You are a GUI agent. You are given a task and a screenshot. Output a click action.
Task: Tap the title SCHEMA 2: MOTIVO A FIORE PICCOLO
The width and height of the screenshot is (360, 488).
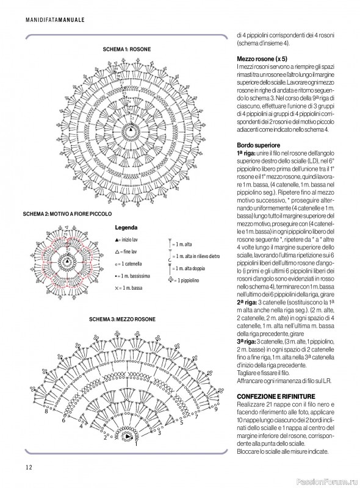(67, 215)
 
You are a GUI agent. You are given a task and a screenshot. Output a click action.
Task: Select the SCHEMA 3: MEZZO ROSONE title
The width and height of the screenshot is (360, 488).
(126, 319)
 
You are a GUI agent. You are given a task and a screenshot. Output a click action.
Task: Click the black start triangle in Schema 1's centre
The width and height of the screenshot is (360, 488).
(129, 130)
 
